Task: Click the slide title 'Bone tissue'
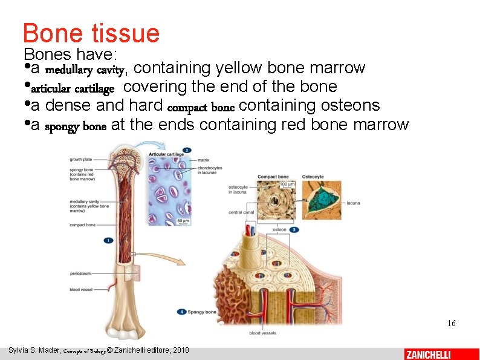tap(91, 33)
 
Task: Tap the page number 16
tap(451, 324)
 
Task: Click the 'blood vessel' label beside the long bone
tap(81, 290)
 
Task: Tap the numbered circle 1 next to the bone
tap(109, 240)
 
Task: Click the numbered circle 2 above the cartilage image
tap(187, 150)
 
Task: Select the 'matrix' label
tap(204, 160)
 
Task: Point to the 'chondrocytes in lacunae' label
tap(210, 170)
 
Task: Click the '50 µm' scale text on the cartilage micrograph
tap(183, 221)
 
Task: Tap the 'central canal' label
tap(241, 212)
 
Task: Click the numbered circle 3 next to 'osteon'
tap(294, 230)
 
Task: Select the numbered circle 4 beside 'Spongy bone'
tap(182, 312)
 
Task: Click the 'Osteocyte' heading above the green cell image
tap(313, 177)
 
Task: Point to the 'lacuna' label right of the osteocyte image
tap(353, 203)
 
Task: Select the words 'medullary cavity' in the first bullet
tap(89, 69)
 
